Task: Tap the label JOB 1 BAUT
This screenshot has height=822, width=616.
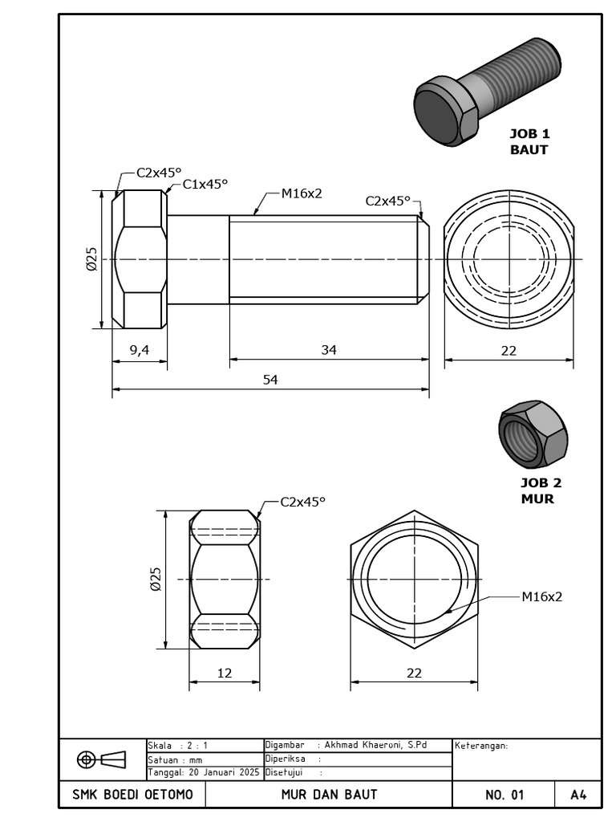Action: point(529,141)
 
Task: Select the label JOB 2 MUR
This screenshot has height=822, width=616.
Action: point(541,490)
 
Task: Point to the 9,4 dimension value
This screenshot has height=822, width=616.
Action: point(140,349)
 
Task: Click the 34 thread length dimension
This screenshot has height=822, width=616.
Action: point(329,349)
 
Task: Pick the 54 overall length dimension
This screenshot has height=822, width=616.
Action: point(270,380)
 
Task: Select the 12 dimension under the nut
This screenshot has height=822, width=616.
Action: point(225,673)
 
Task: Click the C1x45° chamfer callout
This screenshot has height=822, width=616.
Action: point(205,184)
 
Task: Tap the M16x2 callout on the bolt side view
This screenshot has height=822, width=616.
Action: point(301,193)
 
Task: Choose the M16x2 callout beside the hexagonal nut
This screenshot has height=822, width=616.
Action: point(541,596)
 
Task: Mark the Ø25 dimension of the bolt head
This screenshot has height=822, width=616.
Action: point(91,258)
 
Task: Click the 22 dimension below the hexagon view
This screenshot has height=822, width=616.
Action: point(414,673)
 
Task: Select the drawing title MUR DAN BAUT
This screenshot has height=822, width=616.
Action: point(329,795)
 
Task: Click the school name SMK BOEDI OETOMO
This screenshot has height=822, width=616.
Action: point(132,795)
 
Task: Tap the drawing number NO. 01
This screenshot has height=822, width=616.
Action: point(504,795)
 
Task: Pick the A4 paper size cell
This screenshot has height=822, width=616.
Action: point(578,795)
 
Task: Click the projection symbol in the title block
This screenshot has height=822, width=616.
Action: point(102,759)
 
